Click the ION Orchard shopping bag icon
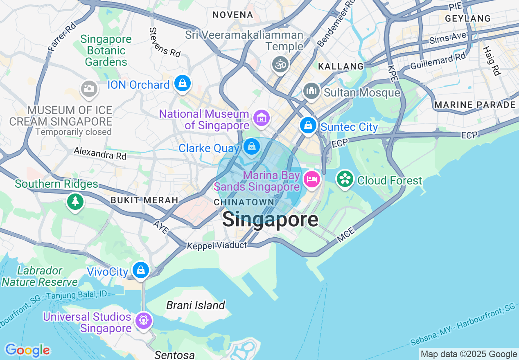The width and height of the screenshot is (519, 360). (x=183, y=83)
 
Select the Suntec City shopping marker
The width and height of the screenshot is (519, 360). (x=308, y=125)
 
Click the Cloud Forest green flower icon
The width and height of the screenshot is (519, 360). (x=345, y=179)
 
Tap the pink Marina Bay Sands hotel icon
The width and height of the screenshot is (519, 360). (x=312, y=179)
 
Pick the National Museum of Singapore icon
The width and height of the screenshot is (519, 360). (x=261, y=118)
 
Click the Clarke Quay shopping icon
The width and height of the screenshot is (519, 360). (x=251, y=146)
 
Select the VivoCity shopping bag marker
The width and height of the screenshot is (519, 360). (x=141, y=270)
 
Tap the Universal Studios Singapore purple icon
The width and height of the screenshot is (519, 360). (x=144, y=320)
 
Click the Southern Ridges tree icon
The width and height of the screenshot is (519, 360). (x=75, y=202)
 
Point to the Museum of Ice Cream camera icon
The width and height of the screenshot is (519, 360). (x=89, y=88)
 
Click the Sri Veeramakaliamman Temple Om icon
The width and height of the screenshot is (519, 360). (x=280, y=64)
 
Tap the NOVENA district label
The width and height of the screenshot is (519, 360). (x=232, y=15)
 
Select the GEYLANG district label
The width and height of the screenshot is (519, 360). (x=468, y=18)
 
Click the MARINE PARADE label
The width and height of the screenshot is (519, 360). (x=475, y=105)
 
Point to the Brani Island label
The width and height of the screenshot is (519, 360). (x=196, y=305)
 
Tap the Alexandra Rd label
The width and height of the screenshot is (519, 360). (x=100, y=153)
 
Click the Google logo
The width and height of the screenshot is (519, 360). (x=27, y=350)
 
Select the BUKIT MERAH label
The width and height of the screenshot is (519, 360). (x=144, y=200)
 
